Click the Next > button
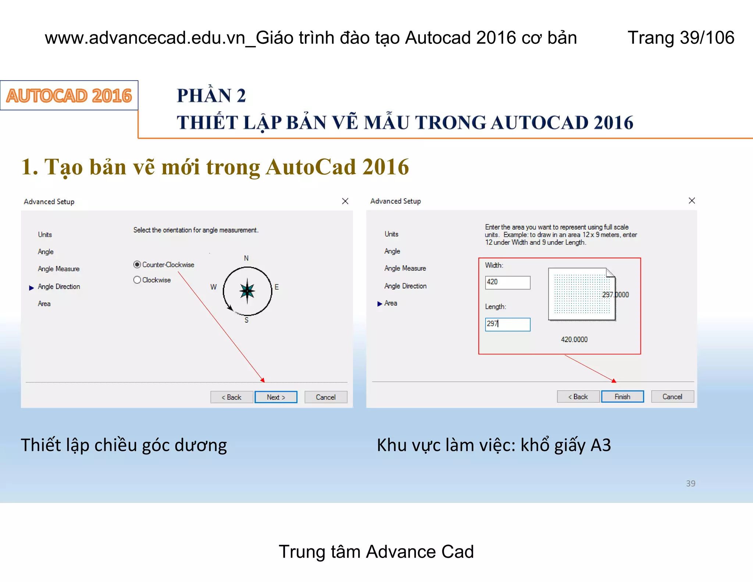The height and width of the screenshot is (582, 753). click(x=276, y=397)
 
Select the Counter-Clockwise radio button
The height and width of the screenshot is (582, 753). click(x=137, y=265)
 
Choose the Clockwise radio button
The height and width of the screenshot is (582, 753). click(x=137, y=280)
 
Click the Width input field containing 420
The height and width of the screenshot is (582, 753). click(x=507, y=283)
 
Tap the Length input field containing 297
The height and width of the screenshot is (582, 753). click(x=507, y=324)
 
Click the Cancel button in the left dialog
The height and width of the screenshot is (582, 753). click(x=326, y=397)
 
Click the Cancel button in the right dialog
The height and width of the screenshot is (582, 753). click(x=672, y=397)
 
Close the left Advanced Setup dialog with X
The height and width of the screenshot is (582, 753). click(x=345, y=201)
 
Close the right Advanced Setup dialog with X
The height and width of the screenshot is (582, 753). click(x=692, y=200)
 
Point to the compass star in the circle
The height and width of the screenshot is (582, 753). click(x=247, y=291)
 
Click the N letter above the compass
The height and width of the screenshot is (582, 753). click(x=246, y=258)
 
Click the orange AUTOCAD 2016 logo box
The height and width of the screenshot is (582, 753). click(x=69, y=96)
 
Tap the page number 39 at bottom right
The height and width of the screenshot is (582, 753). click(x=690, y=483)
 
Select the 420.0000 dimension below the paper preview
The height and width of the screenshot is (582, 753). click(x=574, y=340)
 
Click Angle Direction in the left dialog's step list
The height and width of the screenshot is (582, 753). click(x=59, y=287)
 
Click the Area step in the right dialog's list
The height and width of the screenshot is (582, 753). click(x=390, y=303)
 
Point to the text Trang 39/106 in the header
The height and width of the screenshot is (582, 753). click(x=681, y=38)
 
